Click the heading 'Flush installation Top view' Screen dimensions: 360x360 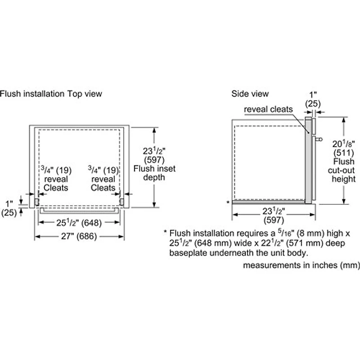51,94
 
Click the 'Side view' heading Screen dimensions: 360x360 250,94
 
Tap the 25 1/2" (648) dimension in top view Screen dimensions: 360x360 79,223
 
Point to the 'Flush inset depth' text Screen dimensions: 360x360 154,173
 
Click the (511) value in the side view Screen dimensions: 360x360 344,153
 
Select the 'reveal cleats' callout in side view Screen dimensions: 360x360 269,109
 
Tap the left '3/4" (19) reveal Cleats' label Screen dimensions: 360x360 56,179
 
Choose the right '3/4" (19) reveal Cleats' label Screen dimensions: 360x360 103,179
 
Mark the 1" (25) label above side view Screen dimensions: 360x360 313,99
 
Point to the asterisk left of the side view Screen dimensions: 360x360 228,203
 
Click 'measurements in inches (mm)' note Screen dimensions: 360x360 301,265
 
